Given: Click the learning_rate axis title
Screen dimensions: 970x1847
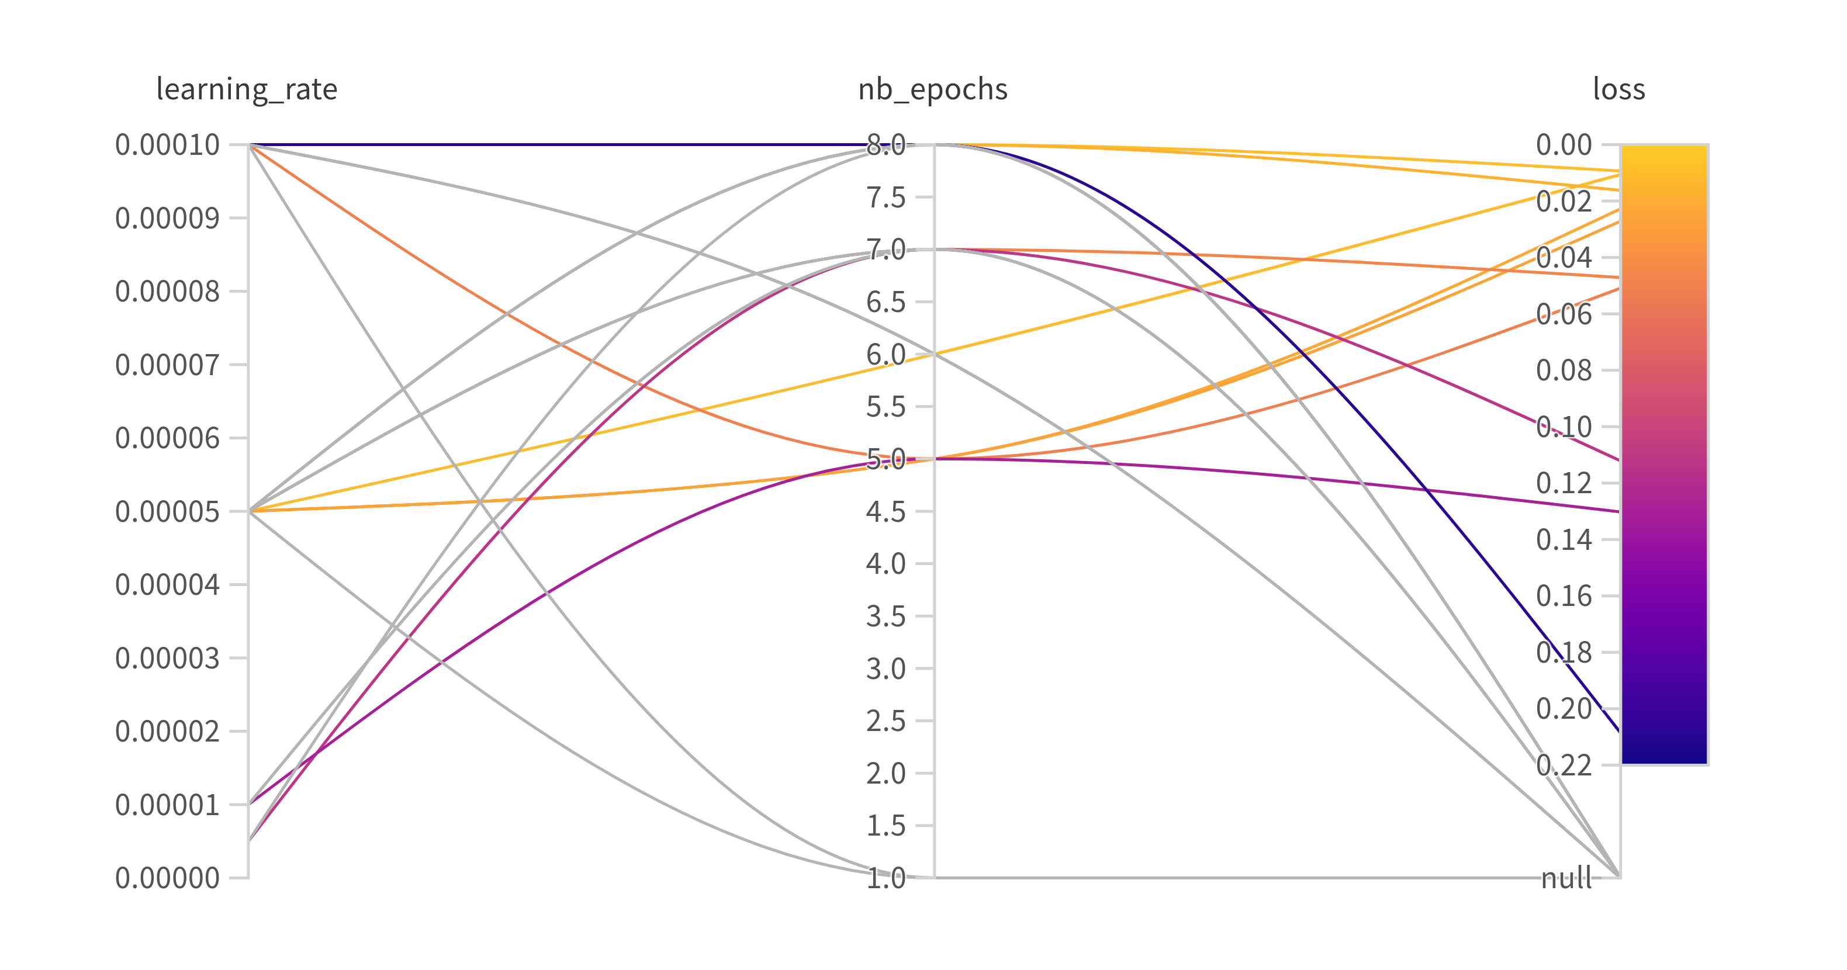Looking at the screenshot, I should [x=247, y=89].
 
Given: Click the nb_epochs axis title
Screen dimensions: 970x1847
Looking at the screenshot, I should [x=933, y=89].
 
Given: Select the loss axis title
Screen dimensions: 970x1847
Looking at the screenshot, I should [x=1619, y=89].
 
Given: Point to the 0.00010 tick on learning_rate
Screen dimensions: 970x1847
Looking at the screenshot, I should [x=168, y=145].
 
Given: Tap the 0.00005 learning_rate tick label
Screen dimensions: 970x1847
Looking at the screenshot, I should [x=168, y=512].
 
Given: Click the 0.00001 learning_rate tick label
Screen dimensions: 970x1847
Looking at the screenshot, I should [x=168, y=805].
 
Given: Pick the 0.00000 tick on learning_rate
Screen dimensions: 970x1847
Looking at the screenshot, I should [x=168, y=878].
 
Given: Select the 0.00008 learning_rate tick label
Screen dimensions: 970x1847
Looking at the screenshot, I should [x=168, y=292].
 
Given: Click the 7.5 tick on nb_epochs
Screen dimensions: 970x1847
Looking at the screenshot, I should [x=886, y=197].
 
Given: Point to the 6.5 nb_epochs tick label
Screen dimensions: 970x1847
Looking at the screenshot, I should [x=886, y=302].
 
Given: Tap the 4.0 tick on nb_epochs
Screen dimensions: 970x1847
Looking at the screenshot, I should [x=886, y=563].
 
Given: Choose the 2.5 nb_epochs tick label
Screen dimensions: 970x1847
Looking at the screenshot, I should [x=886, y=721].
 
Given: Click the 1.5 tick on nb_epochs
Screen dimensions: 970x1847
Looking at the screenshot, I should [x=886, y=826].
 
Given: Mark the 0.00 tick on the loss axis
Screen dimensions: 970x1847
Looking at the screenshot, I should [x=1564, y=145].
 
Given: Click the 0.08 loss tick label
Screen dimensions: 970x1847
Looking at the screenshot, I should [x=1564, y=370].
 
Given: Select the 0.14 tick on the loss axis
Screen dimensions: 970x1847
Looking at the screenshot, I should [x=1564, y=540].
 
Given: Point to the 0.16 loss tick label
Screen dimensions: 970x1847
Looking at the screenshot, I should [x=1564, y=596].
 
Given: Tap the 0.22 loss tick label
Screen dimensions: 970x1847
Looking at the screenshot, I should [x=1564, y=765].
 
